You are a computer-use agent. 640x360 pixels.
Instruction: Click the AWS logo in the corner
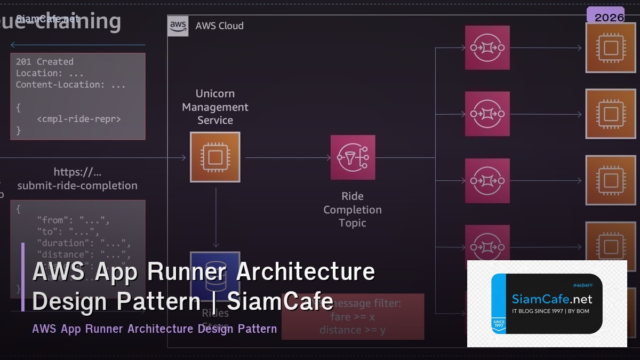click(178, 26)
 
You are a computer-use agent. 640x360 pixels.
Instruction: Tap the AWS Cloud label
click(219, 26)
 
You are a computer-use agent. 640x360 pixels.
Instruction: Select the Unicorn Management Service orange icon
click(215, 157)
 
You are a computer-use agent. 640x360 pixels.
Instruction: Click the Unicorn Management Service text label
click(215, 107)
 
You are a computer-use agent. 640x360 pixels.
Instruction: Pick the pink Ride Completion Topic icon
click(353, 157)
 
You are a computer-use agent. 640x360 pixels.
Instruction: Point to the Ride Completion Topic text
click(353, 210)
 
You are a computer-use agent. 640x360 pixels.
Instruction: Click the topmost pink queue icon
click(487, 47)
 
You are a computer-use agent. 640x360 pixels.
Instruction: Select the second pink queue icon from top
click(487, 114)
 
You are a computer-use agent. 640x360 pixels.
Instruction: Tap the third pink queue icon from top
click(487, 181)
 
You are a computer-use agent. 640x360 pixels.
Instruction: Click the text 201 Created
click(45, 62)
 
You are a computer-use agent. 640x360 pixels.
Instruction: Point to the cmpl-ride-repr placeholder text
click(79, 119)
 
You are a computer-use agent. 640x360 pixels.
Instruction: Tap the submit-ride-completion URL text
click(77, 186)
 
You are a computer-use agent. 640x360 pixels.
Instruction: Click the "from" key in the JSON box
click(52, 220)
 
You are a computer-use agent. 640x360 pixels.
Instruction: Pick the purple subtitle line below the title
click(155, 329)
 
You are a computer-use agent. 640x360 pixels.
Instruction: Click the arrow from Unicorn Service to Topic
click(288, 157)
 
